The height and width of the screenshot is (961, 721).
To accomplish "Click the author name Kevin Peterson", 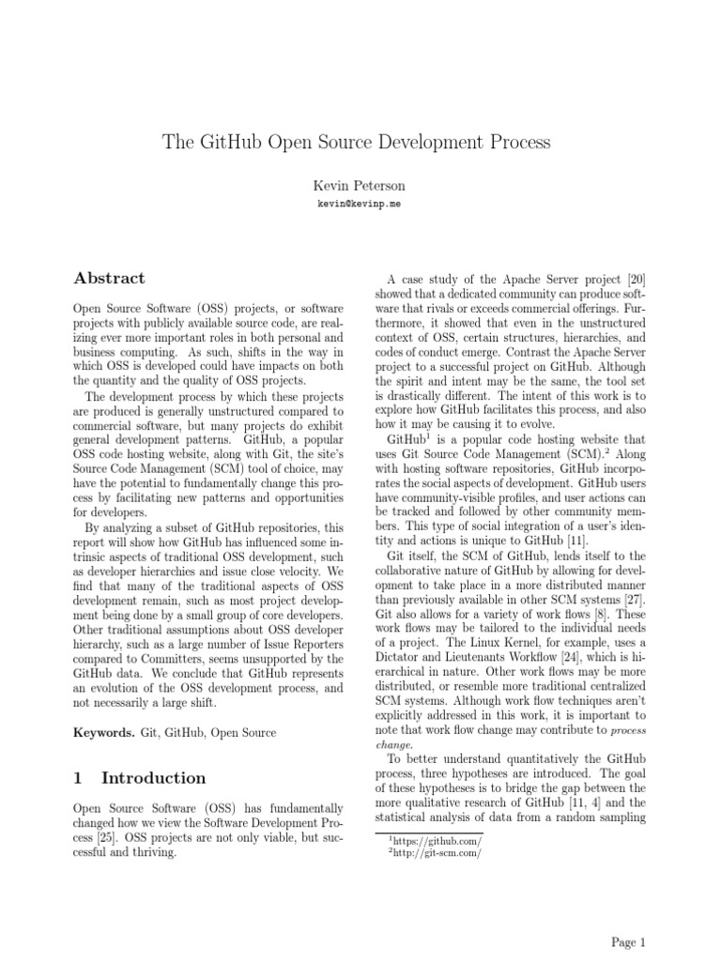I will (x=360, y=185).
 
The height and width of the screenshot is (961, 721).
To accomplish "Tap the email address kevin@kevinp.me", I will (x=360, y=204).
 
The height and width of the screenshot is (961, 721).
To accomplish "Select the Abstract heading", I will (x=109, y=278).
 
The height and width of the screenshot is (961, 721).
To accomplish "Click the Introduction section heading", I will (x=153, y=777).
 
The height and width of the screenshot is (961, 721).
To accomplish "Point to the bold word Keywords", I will (x=102, y=731).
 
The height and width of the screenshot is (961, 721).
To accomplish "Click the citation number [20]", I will (x=636, y=280).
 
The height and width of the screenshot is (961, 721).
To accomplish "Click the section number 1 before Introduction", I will (x=78, y=777).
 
